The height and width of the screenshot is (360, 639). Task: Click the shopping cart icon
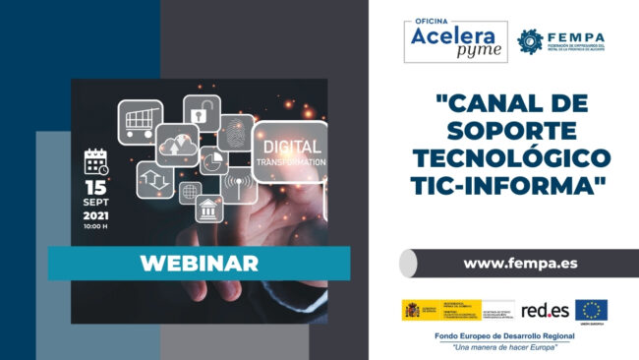tap(140, 120)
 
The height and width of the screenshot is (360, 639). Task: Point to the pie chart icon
tap(213, 158)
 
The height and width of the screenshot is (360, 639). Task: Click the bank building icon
tap(207, 209)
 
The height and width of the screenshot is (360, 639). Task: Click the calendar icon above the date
tap(95, 161)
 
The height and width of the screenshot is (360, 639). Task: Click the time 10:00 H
tap(95, 226)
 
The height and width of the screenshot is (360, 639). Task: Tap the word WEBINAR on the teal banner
tap(200, 263)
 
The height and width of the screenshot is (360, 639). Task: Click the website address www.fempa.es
tap(505, 263)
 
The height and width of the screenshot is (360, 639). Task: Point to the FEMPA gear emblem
tap(531, 41)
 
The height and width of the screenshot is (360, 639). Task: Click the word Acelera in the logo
tap(453, 35)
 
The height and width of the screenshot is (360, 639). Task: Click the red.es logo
tap(543, 310)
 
